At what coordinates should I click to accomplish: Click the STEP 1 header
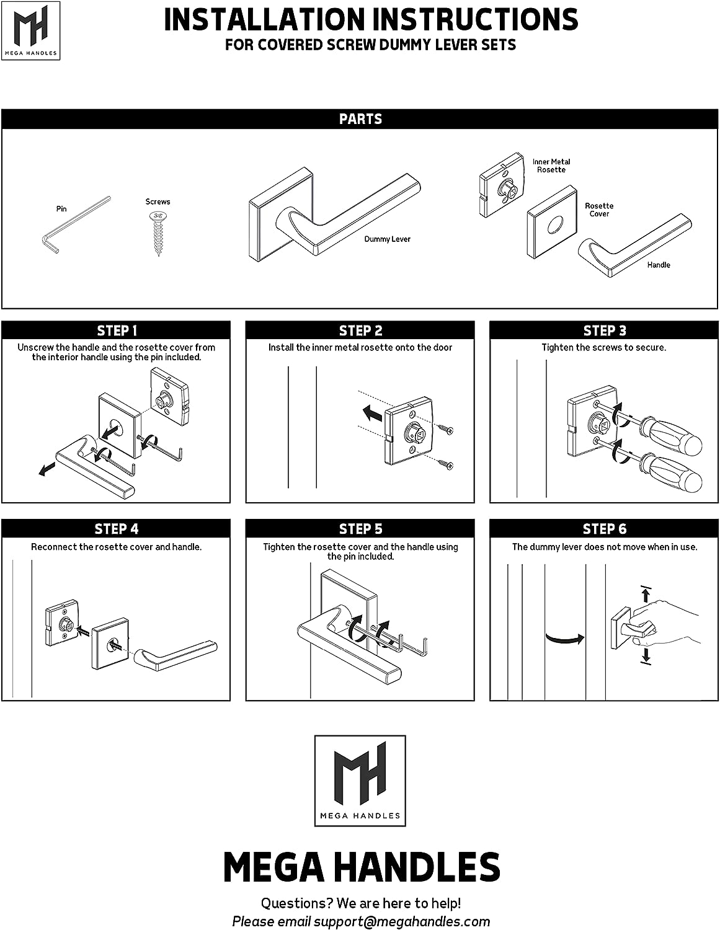pos(117,330)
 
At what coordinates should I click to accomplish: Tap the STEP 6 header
pos(605,529)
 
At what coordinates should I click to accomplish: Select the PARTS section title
pos(360,119)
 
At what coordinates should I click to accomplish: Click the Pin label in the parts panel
pos(61,209)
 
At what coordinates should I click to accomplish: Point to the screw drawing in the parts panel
pos(158,232)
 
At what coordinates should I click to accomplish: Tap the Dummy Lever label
pos(387,239)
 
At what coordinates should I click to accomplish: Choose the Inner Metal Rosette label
pos(551,166)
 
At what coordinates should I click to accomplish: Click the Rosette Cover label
pos(599,210)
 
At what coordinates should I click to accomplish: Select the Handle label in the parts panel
pos(658,265)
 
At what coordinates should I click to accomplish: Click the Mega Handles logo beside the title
pos(30,30)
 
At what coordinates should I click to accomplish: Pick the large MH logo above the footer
pos(360,780)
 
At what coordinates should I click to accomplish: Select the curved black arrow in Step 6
pos(564,638)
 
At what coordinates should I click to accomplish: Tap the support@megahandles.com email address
pos(401,921)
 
